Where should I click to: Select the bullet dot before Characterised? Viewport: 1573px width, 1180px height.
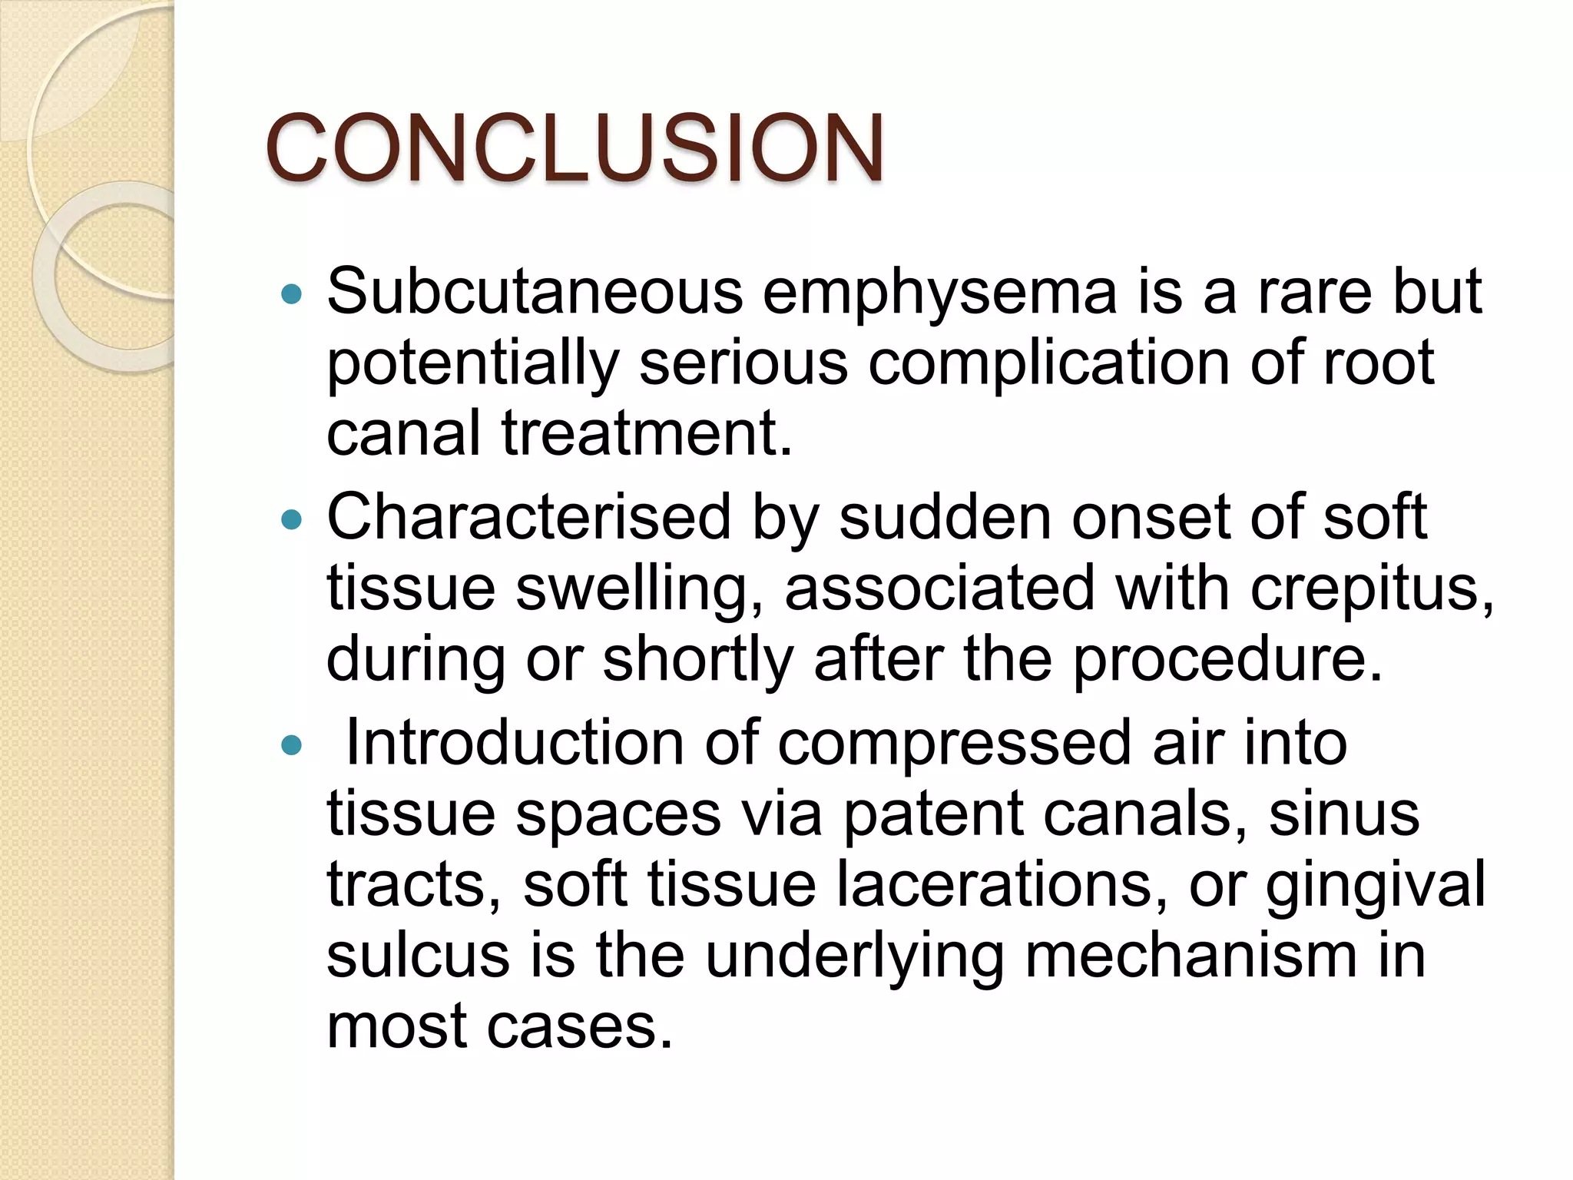click(292, 521)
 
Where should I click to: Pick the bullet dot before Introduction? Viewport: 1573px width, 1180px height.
click(292, 745)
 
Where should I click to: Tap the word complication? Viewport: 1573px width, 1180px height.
click(1049, 364)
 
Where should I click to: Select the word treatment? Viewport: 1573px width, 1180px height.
click(647, 433)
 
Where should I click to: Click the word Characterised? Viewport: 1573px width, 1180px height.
click(528, 518)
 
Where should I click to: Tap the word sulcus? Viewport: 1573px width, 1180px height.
click(418, 956)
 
